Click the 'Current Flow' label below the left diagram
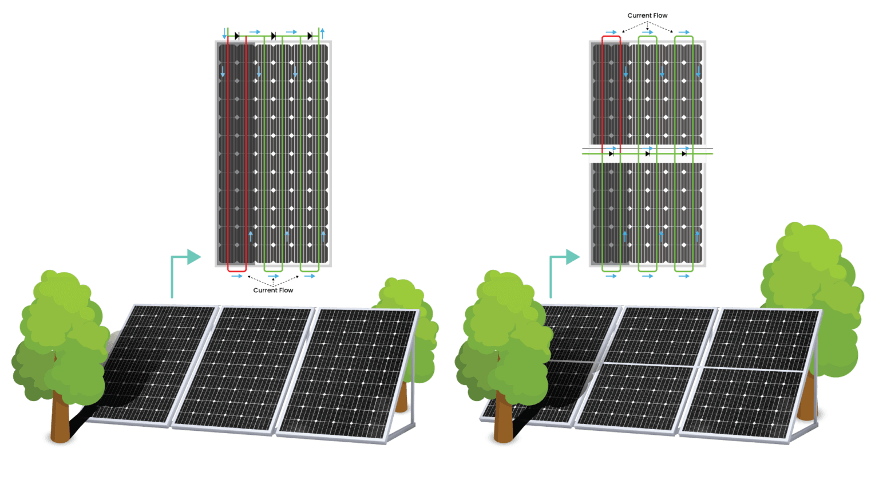pyautogui.click(x=273, y=290)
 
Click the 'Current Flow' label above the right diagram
pyautogui.click(x=647, y=15)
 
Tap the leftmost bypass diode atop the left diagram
pyautogui.click(x=237, y=36)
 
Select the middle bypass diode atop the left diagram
pyautogui.click(x=274, y=36)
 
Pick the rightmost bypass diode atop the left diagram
pyautogui.click(x=310, y=36)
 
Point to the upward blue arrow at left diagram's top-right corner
pyautogui.click(x=322, y=33)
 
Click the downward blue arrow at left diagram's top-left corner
pyautogui.click(x=224, y=33)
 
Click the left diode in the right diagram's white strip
pyautogui.click(x=611, y=154)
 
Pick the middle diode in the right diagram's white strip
pyautogui.click(x=647, y=154)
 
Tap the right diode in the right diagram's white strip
pyautogui.click(x=684, y=154)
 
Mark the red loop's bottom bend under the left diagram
pyautogui.click(x=237, y=269)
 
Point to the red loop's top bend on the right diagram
pyautogui.click(x=611, y=37)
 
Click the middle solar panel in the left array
pyautogui.click(x=243, y=367)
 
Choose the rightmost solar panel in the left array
pyautogui.click(x=349, y=372)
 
